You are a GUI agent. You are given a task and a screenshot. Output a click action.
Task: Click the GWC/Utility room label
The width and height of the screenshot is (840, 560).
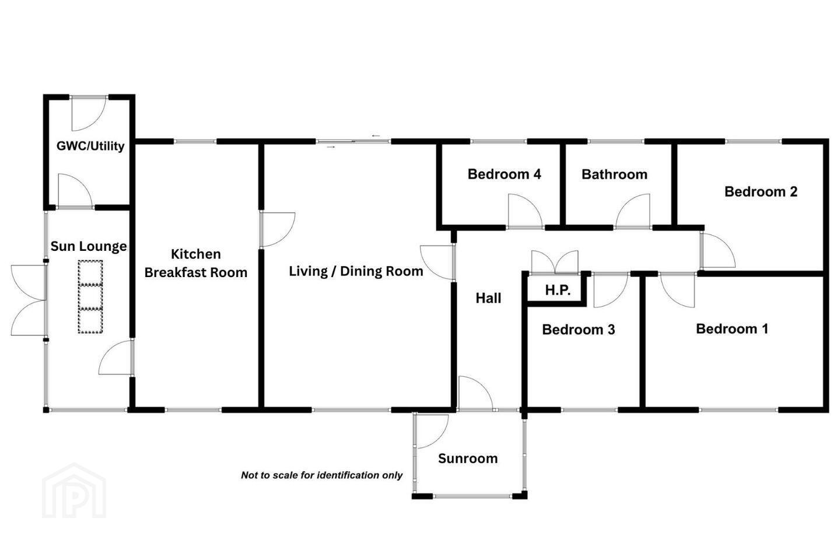[90, 146]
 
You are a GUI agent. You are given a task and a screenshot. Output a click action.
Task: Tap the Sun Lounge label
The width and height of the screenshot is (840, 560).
[89, 246]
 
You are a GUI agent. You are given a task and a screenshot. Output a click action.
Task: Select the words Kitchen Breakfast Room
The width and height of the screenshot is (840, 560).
[196, 263]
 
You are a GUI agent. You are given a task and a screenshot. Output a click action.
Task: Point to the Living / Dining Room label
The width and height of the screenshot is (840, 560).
[356, 271]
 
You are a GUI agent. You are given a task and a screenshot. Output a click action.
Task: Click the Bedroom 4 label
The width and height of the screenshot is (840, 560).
[505, 174]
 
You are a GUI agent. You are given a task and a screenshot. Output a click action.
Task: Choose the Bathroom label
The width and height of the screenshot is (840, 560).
[615, 174]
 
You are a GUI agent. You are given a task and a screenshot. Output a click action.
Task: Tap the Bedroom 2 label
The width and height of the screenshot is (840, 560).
[761, 192]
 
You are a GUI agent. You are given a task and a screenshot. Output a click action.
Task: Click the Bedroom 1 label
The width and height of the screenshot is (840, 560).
[733, 329]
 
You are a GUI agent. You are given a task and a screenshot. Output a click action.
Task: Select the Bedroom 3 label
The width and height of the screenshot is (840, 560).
[579, 330]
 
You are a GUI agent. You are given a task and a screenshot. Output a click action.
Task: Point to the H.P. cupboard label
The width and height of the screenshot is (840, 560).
[558, 290]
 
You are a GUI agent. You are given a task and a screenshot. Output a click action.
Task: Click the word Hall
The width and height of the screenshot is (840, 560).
[488, 298]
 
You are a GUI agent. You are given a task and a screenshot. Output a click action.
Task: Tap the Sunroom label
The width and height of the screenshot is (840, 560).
[468, 459]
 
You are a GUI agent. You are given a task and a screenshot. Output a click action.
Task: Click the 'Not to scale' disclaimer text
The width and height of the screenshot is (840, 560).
[322, 475]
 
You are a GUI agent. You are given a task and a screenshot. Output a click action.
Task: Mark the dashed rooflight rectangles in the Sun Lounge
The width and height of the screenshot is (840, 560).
[90, 297]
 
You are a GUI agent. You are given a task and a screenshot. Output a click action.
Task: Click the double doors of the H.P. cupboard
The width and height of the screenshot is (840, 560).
[555, 262]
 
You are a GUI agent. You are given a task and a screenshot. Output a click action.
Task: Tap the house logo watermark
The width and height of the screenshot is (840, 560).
[74, 491]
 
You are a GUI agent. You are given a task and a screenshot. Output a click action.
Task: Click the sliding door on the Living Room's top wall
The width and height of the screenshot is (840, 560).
[353, 141]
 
